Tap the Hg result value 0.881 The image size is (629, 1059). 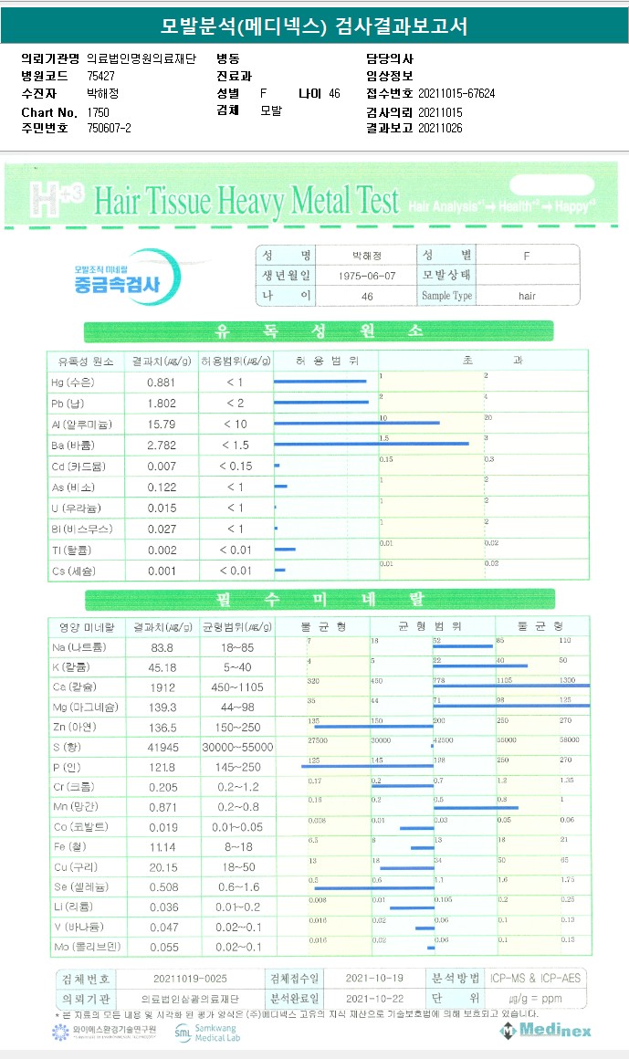161,382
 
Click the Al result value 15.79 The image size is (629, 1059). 161,424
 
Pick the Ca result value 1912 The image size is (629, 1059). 161,686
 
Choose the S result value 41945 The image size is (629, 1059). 161,749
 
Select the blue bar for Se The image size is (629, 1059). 374,887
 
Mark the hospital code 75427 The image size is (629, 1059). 100,76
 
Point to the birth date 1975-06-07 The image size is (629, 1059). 367,275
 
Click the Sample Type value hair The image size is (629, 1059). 527,296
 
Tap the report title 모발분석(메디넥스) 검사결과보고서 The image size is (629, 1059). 314,26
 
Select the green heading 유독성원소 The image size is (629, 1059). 319,330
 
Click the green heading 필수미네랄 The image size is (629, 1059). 319,600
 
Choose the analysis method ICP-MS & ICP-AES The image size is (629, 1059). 534,979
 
